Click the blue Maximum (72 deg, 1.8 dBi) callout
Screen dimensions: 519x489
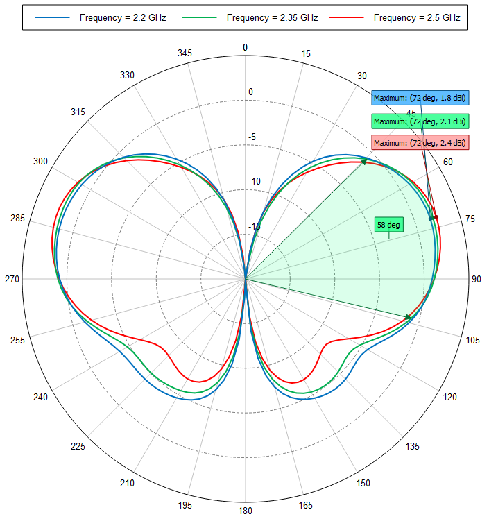click(x=420, y=98)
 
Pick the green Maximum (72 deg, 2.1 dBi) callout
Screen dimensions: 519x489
click(x=420, y=121)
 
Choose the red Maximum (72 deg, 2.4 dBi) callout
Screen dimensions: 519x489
click(x=420, y=142)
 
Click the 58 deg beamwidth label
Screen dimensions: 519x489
click(x=388, y=225)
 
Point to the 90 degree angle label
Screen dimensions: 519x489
click(x=477, y=279)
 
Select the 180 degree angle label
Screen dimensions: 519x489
click(x=245, y=511)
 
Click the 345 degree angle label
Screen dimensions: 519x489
click(x=185, y=53)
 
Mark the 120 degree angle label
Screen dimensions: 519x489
click(x=450, y=397)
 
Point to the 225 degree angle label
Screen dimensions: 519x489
click(x=78, y=446)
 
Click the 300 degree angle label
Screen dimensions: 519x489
click(x=40, y=162)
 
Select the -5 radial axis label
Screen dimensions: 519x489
click(x=251, y=137)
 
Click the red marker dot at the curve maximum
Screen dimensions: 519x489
click(x=436, y=217)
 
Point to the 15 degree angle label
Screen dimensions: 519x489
click(x=305, y=53)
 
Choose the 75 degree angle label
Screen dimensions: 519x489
click(x=470, y=219)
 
